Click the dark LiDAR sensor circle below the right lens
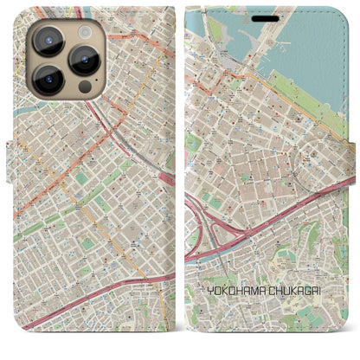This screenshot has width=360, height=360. [84, 87]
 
